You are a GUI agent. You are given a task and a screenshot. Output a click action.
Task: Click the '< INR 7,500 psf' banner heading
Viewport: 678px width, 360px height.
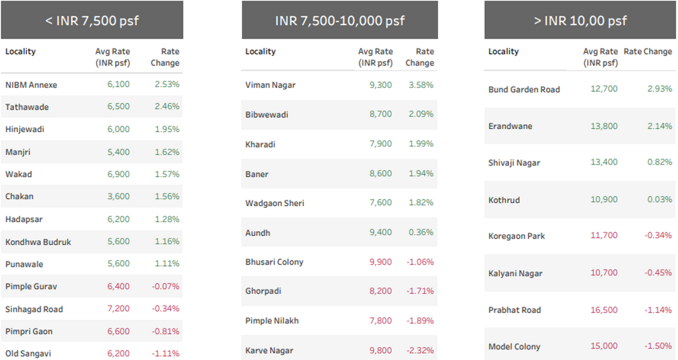pyautogui.click(x=92, y=21)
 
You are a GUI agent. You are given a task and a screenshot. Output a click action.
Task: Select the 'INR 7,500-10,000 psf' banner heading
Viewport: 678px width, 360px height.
pyautogui.click(x=340, y=21)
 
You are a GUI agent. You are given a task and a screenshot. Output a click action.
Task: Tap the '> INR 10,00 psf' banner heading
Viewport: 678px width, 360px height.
pyautogui.click(x=581, y=21)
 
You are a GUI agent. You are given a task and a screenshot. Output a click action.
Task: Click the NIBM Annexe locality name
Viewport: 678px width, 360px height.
pyautogui.click(x=31, y=85)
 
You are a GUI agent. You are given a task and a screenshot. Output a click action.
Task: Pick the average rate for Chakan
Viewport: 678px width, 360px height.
pyautogui.click(x=119, y=197)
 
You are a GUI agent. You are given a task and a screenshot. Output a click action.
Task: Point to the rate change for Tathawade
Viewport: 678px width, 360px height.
pyautogui.click(x=167, y=107)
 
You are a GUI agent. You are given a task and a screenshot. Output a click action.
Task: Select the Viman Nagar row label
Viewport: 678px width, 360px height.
pyautogui.click(x=270, y=85)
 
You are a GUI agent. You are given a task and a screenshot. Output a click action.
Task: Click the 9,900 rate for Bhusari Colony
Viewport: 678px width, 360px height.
pyautogui.click(x=381, y=262)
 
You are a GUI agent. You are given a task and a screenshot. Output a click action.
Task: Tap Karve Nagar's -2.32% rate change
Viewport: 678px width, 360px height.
pyautogui.click(x=419, y=350)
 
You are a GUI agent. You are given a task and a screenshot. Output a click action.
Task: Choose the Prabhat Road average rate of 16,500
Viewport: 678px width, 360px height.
pyautogui.click(x=603, y=310)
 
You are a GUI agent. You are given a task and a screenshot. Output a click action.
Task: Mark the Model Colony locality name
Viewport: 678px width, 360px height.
pyautogui.click(x=514, y=346)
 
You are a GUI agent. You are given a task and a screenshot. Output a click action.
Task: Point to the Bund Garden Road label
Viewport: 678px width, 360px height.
pyautogui.click(x=524, y=89)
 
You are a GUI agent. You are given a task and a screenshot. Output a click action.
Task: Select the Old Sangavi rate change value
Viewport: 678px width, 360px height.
pyautogui.click(x=166, y=354)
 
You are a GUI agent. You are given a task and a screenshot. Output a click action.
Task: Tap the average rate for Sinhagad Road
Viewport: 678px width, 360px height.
pyautogui.click(x=119, y=309)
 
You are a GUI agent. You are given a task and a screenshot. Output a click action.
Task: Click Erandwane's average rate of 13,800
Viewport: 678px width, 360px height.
pyautogui.click(x=603, y=126)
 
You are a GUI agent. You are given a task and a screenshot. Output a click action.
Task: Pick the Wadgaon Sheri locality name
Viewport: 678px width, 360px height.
pyautogui.click(x=275, y=203)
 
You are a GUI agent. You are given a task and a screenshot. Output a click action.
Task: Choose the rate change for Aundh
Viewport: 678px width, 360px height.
pyautogui.click(x=421, y=232)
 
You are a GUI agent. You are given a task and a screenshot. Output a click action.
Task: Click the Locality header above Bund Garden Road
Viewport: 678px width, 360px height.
pyautogui.click(x=503, y=51)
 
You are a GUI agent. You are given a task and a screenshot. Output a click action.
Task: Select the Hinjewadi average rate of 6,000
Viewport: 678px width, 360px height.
pyautogui.click(x=119, y=129)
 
